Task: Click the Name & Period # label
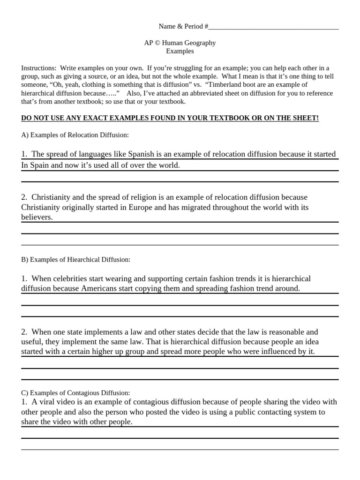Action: pyautogui.click(x=183, y=26)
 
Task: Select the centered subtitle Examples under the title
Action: pyautogui.click(x=180, y=51)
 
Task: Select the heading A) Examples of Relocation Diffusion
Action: pyautogui.click(x=75, y=135)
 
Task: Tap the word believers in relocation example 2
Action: pyautogui.click(x=36, y=217)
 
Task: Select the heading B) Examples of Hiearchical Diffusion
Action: pyautogui.click(x=75, y=259)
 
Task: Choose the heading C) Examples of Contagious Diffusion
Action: pyautogui.click(x=75, y=393)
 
